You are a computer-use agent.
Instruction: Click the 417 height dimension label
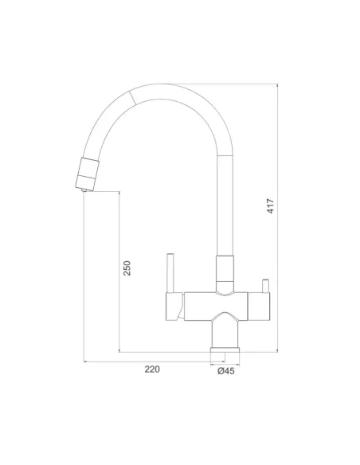tap(271, 205)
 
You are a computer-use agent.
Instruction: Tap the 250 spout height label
tap(127, 268)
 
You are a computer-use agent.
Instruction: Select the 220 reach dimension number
tap(152, 369)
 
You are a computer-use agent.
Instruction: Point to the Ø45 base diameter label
tap(226, 371)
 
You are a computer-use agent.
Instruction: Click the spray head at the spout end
tap(87, 174)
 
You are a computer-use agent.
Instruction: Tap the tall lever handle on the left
tap(170, 273)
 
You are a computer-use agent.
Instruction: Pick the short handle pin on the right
tap(265, 286)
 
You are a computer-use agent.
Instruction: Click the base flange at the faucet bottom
tap(225, 350)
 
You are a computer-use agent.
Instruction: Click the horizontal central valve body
tap(216, 307)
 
